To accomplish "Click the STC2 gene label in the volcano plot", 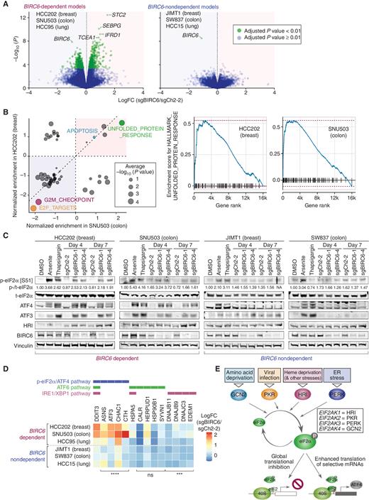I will point(119,13).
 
